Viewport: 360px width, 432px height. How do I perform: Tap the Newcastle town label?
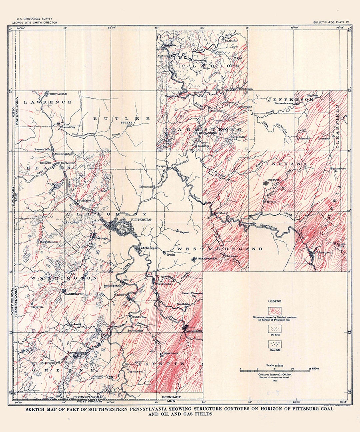58,94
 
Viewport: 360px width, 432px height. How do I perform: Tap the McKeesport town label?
149,248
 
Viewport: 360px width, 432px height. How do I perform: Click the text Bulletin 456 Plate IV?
331,22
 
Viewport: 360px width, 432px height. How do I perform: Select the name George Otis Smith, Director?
34,23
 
